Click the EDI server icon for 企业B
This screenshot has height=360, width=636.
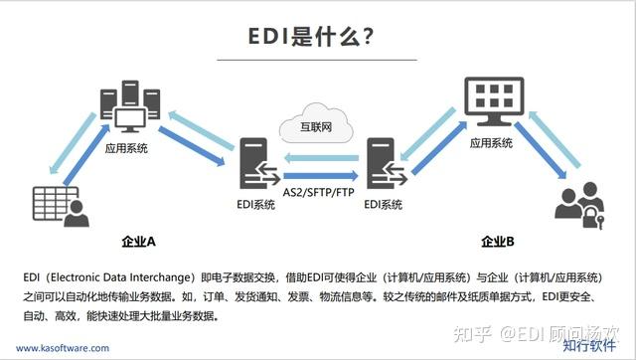(x=382, y=167)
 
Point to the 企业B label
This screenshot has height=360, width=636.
(x=497, y=241)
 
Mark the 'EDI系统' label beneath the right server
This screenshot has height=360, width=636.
(x=384, y=205)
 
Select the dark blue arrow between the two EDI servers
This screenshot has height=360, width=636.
(x=318, y=174)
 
